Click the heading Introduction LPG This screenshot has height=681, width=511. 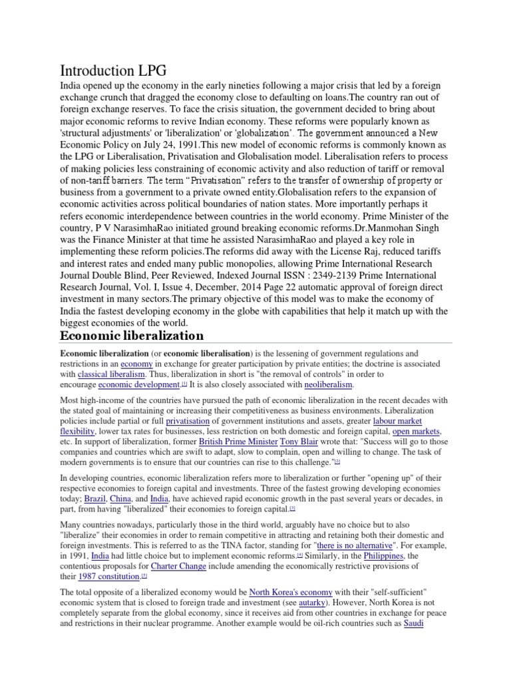click(x=113, y=70)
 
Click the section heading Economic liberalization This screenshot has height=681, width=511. click(x=132, y=335)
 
